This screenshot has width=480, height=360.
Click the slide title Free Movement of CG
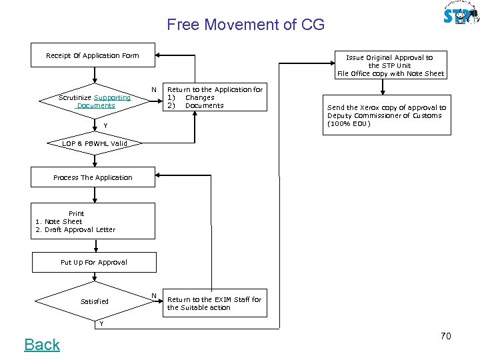(x=245, y=25)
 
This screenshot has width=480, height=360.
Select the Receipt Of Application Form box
(x=93, y=55)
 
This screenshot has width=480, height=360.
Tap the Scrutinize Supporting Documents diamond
(x=95, y=101)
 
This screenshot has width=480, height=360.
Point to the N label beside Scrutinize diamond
(x=154, y=89)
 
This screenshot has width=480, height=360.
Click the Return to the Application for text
(x=215, y=89)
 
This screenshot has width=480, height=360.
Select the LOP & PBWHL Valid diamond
(x=94, y=143)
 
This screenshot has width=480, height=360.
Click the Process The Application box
(x=93, y=177)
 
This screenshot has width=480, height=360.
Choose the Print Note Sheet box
(x=93, y=221)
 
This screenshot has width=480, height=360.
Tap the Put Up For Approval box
(x=93, y=262)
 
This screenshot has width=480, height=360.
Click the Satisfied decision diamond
(x=94, y=301)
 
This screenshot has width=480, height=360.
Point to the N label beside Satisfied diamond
(x=154, y=295)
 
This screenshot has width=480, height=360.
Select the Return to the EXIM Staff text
(x=214, y=303)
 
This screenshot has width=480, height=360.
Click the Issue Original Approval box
(x=390, y=65)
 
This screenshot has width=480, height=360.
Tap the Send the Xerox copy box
(x=387, y=115)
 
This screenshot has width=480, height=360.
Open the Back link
(x=42, y=345)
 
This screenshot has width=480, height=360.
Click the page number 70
(x=445, y=336)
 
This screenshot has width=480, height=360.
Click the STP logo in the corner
(x=461, y=14)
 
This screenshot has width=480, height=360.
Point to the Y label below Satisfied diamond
(x=101, y=324)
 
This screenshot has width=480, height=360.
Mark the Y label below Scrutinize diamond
(x=95, y=126)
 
